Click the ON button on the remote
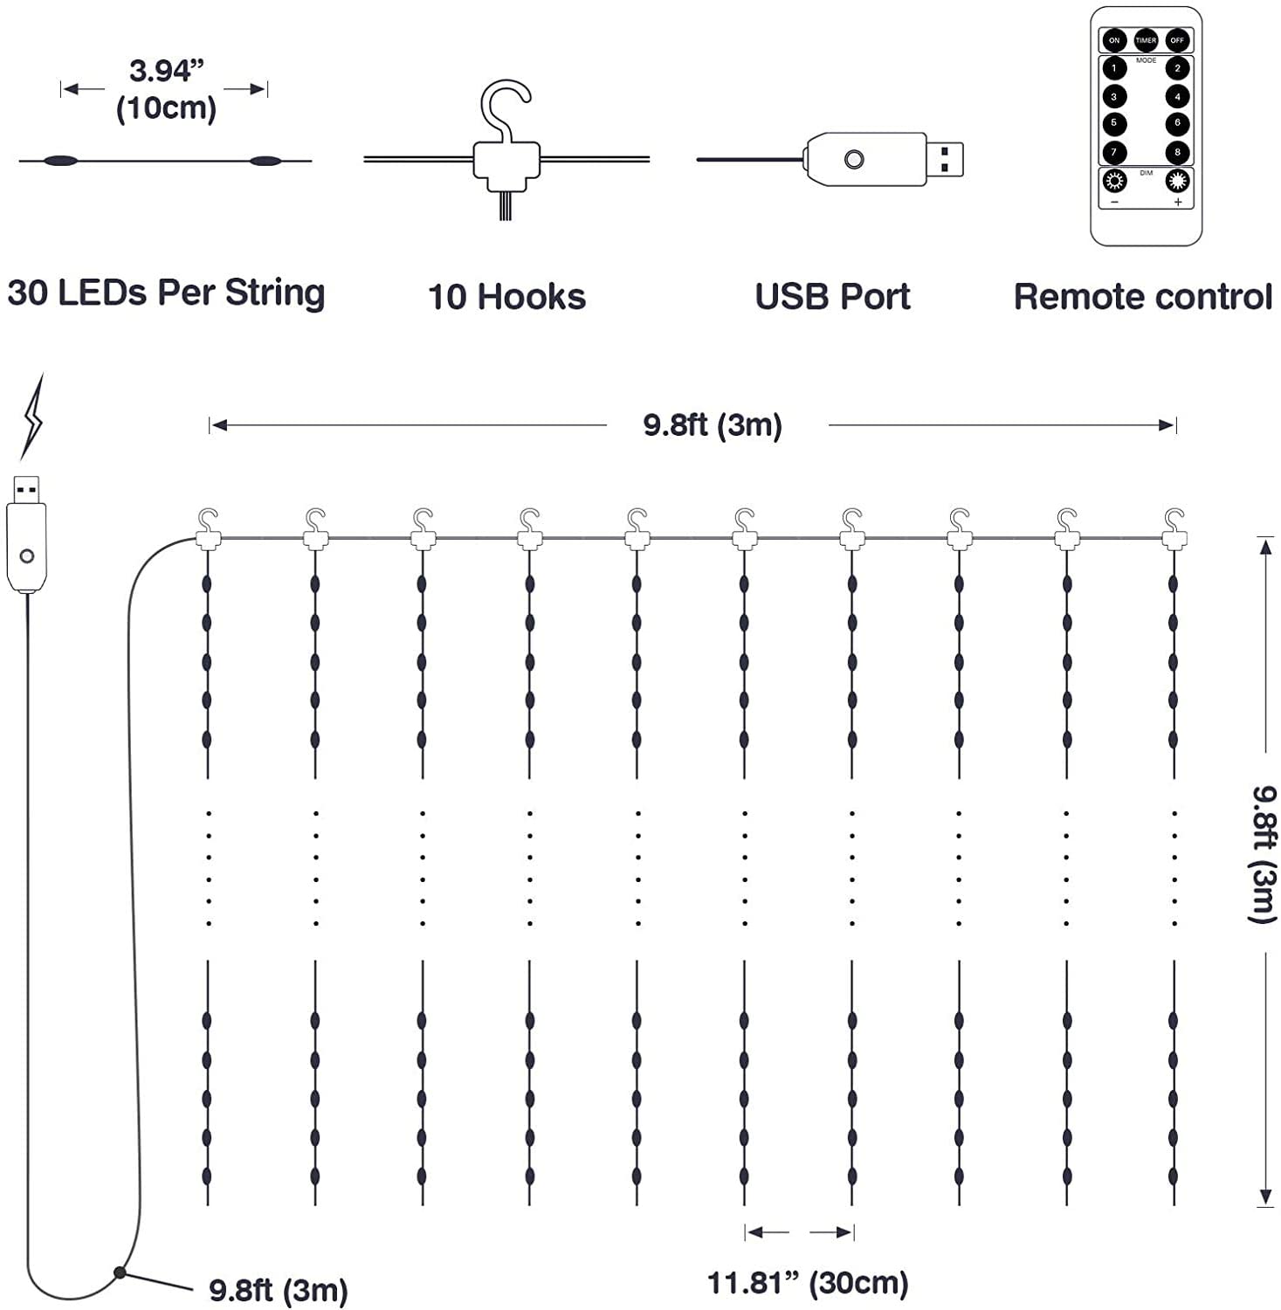(1113, 40)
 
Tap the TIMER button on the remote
(1146, 40)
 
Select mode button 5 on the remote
(1114, 123)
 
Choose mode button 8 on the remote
(1177, 152)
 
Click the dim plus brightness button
(1177, 182)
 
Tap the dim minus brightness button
(1114, 182)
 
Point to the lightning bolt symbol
(32, 417)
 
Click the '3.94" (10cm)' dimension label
(165, 89)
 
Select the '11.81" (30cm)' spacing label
(808, 1283)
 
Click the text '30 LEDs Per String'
(166, 293)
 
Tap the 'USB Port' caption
(832, 297)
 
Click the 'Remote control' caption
(1142, 297)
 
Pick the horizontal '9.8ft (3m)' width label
(713, 425)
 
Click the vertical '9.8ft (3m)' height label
(1264, 853)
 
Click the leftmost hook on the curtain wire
(208, 527)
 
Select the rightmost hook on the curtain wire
(1174, 527)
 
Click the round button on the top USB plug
(854, 160)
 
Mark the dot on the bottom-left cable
(120, 1272)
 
